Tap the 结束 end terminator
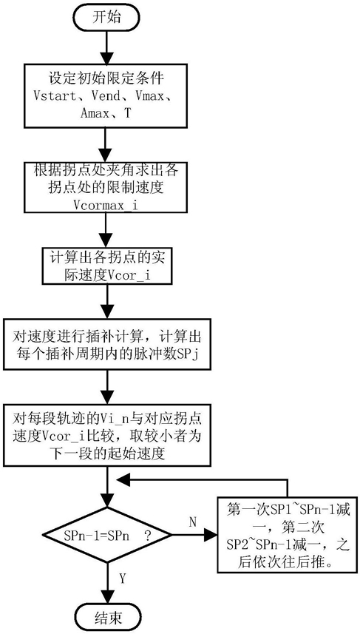point(106,618)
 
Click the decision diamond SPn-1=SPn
point(106,536)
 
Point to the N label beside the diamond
point(192,522)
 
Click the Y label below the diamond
point(123,579)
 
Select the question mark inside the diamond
point(147,536)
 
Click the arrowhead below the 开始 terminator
point(106,57)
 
